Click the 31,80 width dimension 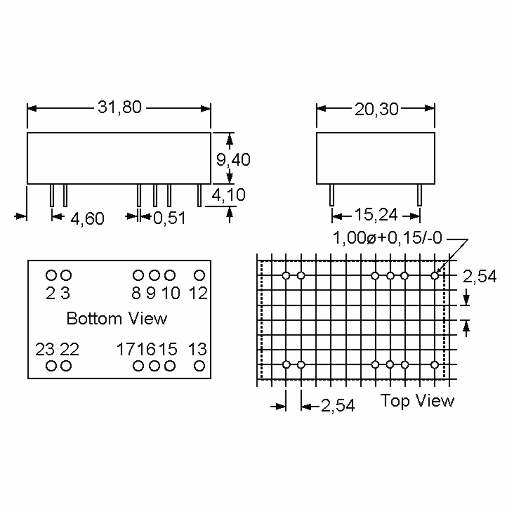[120, 107]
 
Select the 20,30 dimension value [377, 109]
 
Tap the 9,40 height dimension [233, 160]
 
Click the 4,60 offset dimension [87, 219]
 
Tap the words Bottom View [117, 318]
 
